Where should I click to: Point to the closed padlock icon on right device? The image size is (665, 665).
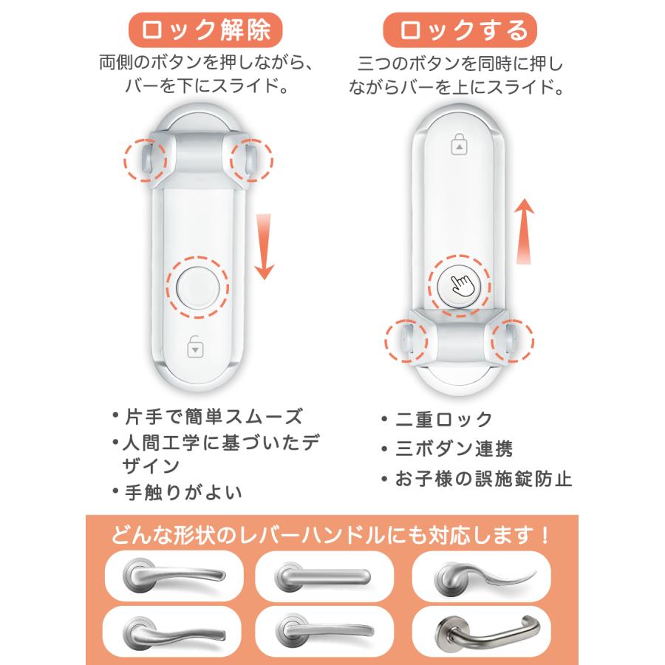point(459,145)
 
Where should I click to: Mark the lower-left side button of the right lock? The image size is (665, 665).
point(406,342)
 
